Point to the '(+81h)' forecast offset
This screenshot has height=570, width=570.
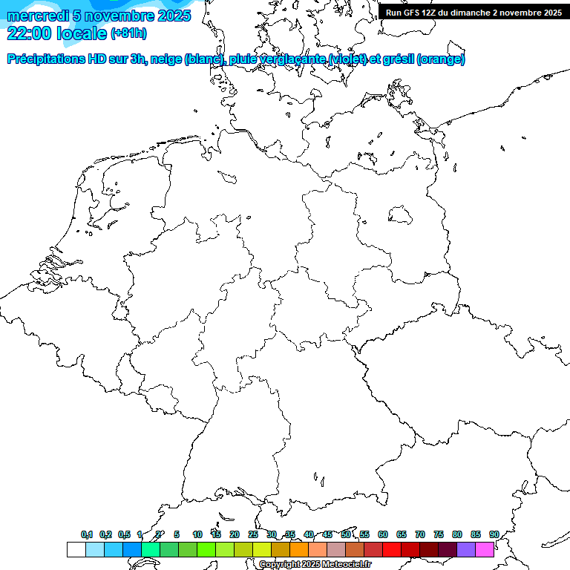tap(128, 33)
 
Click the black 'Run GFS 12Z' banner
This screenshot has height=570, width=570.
tap(474, 13)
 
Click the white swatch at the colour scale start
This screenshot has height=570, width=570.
tap(76, 550)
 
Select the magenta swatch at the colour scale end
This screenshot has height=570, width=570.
tap(485, 550)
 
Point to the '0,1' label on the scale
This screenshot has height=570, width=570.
tap(87, 535)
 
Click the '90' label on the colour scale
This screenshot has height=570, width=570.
tap(494, 535)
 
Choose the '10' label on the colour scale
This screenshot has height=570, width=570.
tap(197, 535)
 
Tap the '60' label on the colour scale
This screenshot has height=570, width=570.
tap(383, 535)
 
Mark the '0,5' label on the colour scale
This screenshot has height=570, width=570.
tap(124, 535)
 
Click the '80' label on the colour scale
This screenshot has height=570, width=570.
tap(457, 535)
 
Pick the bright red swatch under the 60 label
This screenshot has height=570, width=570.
tap(392, 550)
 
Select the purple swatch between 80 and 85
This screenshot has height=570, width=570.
tap(466, 550)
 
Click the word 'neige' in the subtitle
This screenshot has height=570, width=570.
tap(168, 59)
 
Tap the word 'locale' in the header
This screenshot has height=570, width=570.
tap(82, 33)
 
